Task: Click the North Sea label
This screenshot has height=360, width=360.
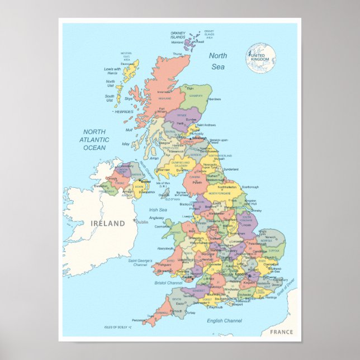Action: coord(218,61)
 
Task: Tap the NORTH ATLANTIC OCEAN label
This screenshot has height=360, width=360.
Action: coord(94,140)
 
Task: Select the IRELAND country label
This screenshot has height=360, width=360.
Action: coord(108,223)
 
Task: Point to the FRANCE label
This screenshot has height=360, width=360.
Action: coord(281,332)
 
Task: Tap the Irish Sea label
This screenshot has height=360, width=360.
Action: coord(158,210)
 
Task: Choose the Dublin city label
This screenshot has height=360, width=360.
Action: coord(142,222)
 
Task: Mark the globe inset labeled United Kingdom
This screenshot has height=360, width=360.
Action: coord(260,58)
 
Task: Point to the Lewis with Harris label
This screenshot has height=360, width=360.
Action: coord(112,71)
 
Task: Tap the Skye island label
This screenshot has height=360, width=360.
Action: coord(129,98)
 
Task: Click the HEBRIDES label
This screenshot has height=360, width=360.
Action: coord(125,112)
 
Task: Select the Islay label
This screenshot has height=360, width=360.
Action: coord(125,144)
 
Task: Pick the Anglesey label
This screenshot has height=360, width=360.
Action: coord(157,218)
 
